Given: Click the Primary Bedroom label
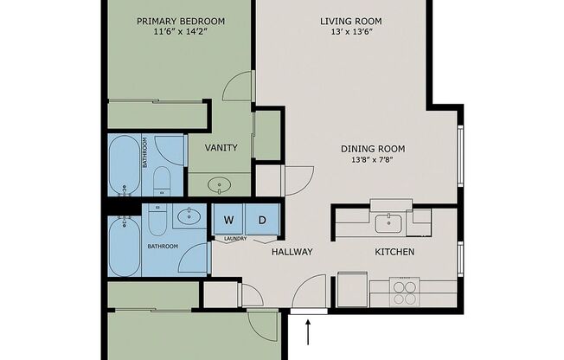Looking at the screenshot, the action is pos(181,22).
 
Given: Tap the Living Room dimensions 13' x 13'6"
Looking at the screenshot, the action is pos(351,32).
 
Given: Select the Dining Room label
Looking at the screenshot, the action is pos(373,149).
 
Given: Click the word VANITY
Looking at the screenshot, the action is pos(221,148).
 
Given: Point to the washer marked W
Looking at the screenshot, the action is pos(228,220).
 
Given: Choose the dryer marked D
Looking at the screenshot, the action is pos(262,220).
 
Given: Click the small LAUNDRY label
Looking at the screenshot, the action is pos(235,239).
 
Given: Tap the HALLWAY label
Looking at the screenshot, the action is pos(292,252).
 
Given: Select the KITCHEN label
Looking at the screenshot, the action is pos(394,252).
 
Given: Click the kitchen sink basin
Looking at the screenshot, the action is pos(388,223).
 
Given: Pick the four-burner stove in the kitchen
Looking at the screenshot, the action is pos(405,292).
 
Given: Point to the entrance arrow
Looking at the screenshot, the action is pos(308,332).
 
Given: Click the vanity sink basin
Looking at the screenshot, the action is pos(220,185).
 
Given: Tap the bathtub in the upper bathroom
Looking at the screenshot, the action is pos(125,165).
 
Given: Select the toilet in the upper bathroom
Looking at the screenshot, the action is pos(162,181).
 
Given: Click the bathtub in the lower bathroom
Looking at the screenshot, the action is pos(125,246).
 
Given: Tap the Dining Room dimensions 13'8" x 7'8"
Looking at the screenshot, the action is pos(373,159).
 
